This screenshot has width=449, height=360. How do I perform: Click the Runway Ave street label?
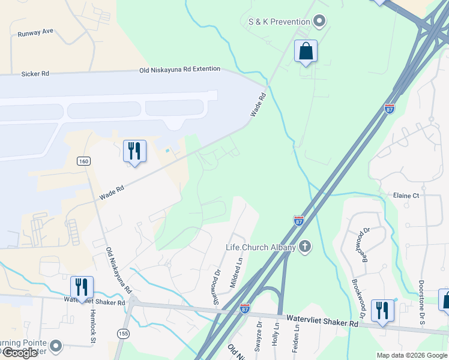(x=35, y=32)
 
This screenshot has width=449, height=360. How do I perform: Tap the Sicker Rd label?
(x=35, y=74)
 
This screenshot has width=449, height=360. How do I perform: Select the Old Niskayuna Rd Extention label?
(x=179, y=70)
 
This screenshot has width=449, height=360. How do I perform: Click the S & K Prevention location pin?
(x=319, y=22)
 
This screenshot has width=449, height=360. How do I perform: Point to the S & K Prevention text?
(x=279, y=22)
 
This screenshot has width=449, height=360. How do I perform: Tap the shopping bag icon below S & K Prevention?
(x=306, y=52)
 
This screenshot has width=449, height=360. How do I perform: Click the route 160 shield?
(x=83, y=161)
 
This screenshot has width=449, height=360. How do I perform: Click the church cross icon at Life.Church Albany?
(x=305, y=247)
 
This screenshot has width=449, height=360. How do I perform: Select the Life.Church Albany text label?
(x=261, y=248)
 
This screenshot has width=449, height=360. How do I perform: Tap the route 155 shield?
(x=123, y=333)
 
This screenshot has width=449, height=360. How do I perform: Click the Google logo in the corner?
(x=19, y=353)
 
